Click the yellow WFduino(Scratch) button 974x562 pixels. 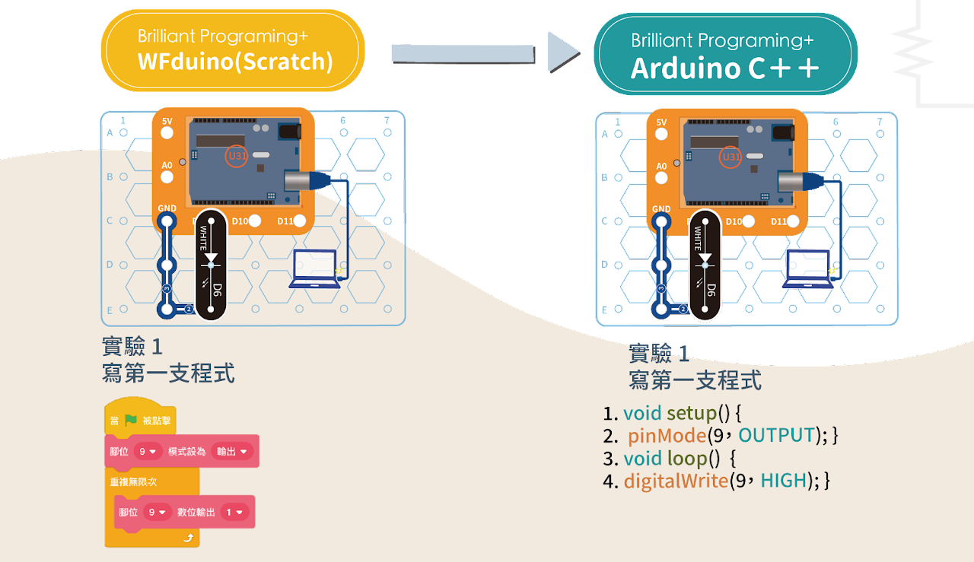pos(234,50)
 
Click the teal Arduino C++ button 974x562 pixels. pos(725,54)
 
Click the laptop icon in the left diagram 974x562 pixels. pos(315,269)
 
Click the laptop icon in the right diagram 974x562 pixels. pos(807,269)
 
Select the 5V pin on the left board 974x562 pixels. pos(167,135)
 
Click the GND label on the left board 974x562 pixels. pos(167,208)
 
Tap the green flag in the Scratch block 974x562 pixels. pos(131,420)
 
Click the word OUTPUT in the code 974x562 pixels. pos(777,436)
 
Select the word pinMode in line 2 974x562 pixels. pos(666,436)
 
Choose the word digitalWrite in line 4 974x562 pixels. pos(676,481)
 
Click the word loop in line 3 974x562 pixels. pos(687,459)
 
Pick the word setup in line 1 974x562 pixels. pos(691,413)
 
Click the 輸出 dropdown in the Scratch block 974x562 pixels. pos(231,452)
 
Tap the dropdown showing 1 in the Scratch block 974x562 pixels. pos(234,513)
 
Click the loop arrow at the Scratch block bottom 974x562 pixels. pos(188,538)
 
